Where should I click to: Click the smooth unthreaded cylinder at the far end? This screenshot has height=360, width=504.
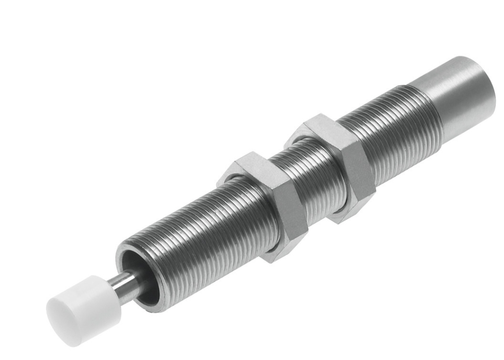pyautogui.click(x=459, y=96)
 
